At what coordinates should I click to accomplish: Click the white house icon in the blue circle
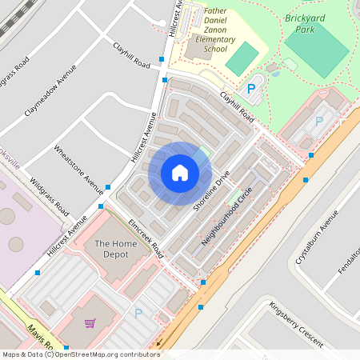pyautogui.click(x=180, y=173)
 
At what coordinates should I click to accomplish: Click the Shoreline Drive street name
pyautogui.click(x=211, y=192)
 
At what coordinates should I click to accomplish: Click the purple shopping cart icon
pyautogui.click(x=90, y=323)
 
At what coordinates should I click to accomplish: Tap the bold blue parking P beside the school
pyautogui.click(x=251, y=90)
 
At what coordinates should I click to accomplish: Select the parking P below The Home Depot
pyautogui.click(x=138, y=314)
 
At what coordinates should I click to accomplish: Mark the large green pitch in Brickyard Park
pyautogui.click(x=318, y=49)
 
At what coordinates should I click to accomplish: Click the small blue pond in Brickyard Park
pyautogui.click(x=277, y=70)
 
